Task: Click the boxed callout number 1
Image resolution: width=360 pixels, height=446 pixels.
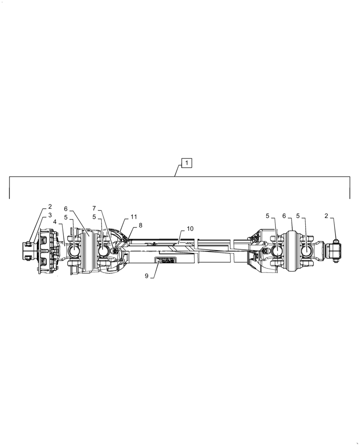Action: point(187,163)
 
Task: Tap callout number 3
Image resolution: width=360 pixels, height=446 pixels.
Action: point(50,215)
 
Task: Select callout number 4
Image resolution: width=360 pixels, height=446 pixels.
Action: point(55,222)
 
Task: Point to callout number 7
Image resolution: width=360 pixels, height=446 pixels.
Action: point(94,208)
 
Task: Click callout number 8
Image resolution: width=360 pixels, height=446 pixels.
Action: point(140,225)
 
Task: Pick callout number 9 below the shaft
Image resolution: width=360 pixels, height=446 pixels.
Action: point(147,276)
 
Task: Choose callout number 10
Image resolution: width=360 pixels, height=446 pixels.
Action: point(190,229)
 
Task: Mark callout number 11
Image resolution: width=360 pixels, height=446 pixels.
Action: point(134,217)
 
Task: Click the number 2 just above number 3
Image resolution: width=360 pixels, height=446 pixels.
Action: point(50,206)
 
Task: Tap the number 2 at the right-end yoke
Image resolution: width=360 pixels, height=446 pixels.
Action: point(326,216)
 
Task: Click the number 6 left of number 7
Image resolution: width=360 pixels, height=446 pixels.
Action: point(65,208)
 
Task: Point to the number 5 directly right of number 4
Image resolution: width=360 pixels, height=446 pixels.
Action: point(65,217)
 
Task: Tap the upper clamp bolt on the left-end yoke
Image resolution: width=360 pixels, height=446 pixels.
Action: point(28,244)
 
